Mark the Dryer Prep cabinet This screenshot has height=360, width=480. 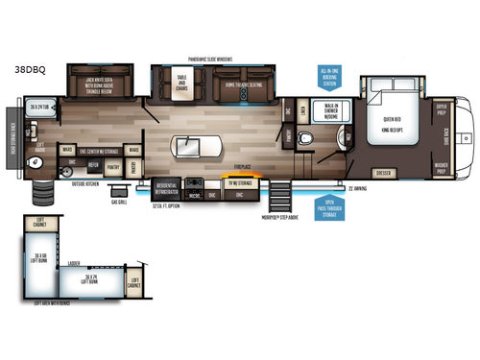pos(443,111)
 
